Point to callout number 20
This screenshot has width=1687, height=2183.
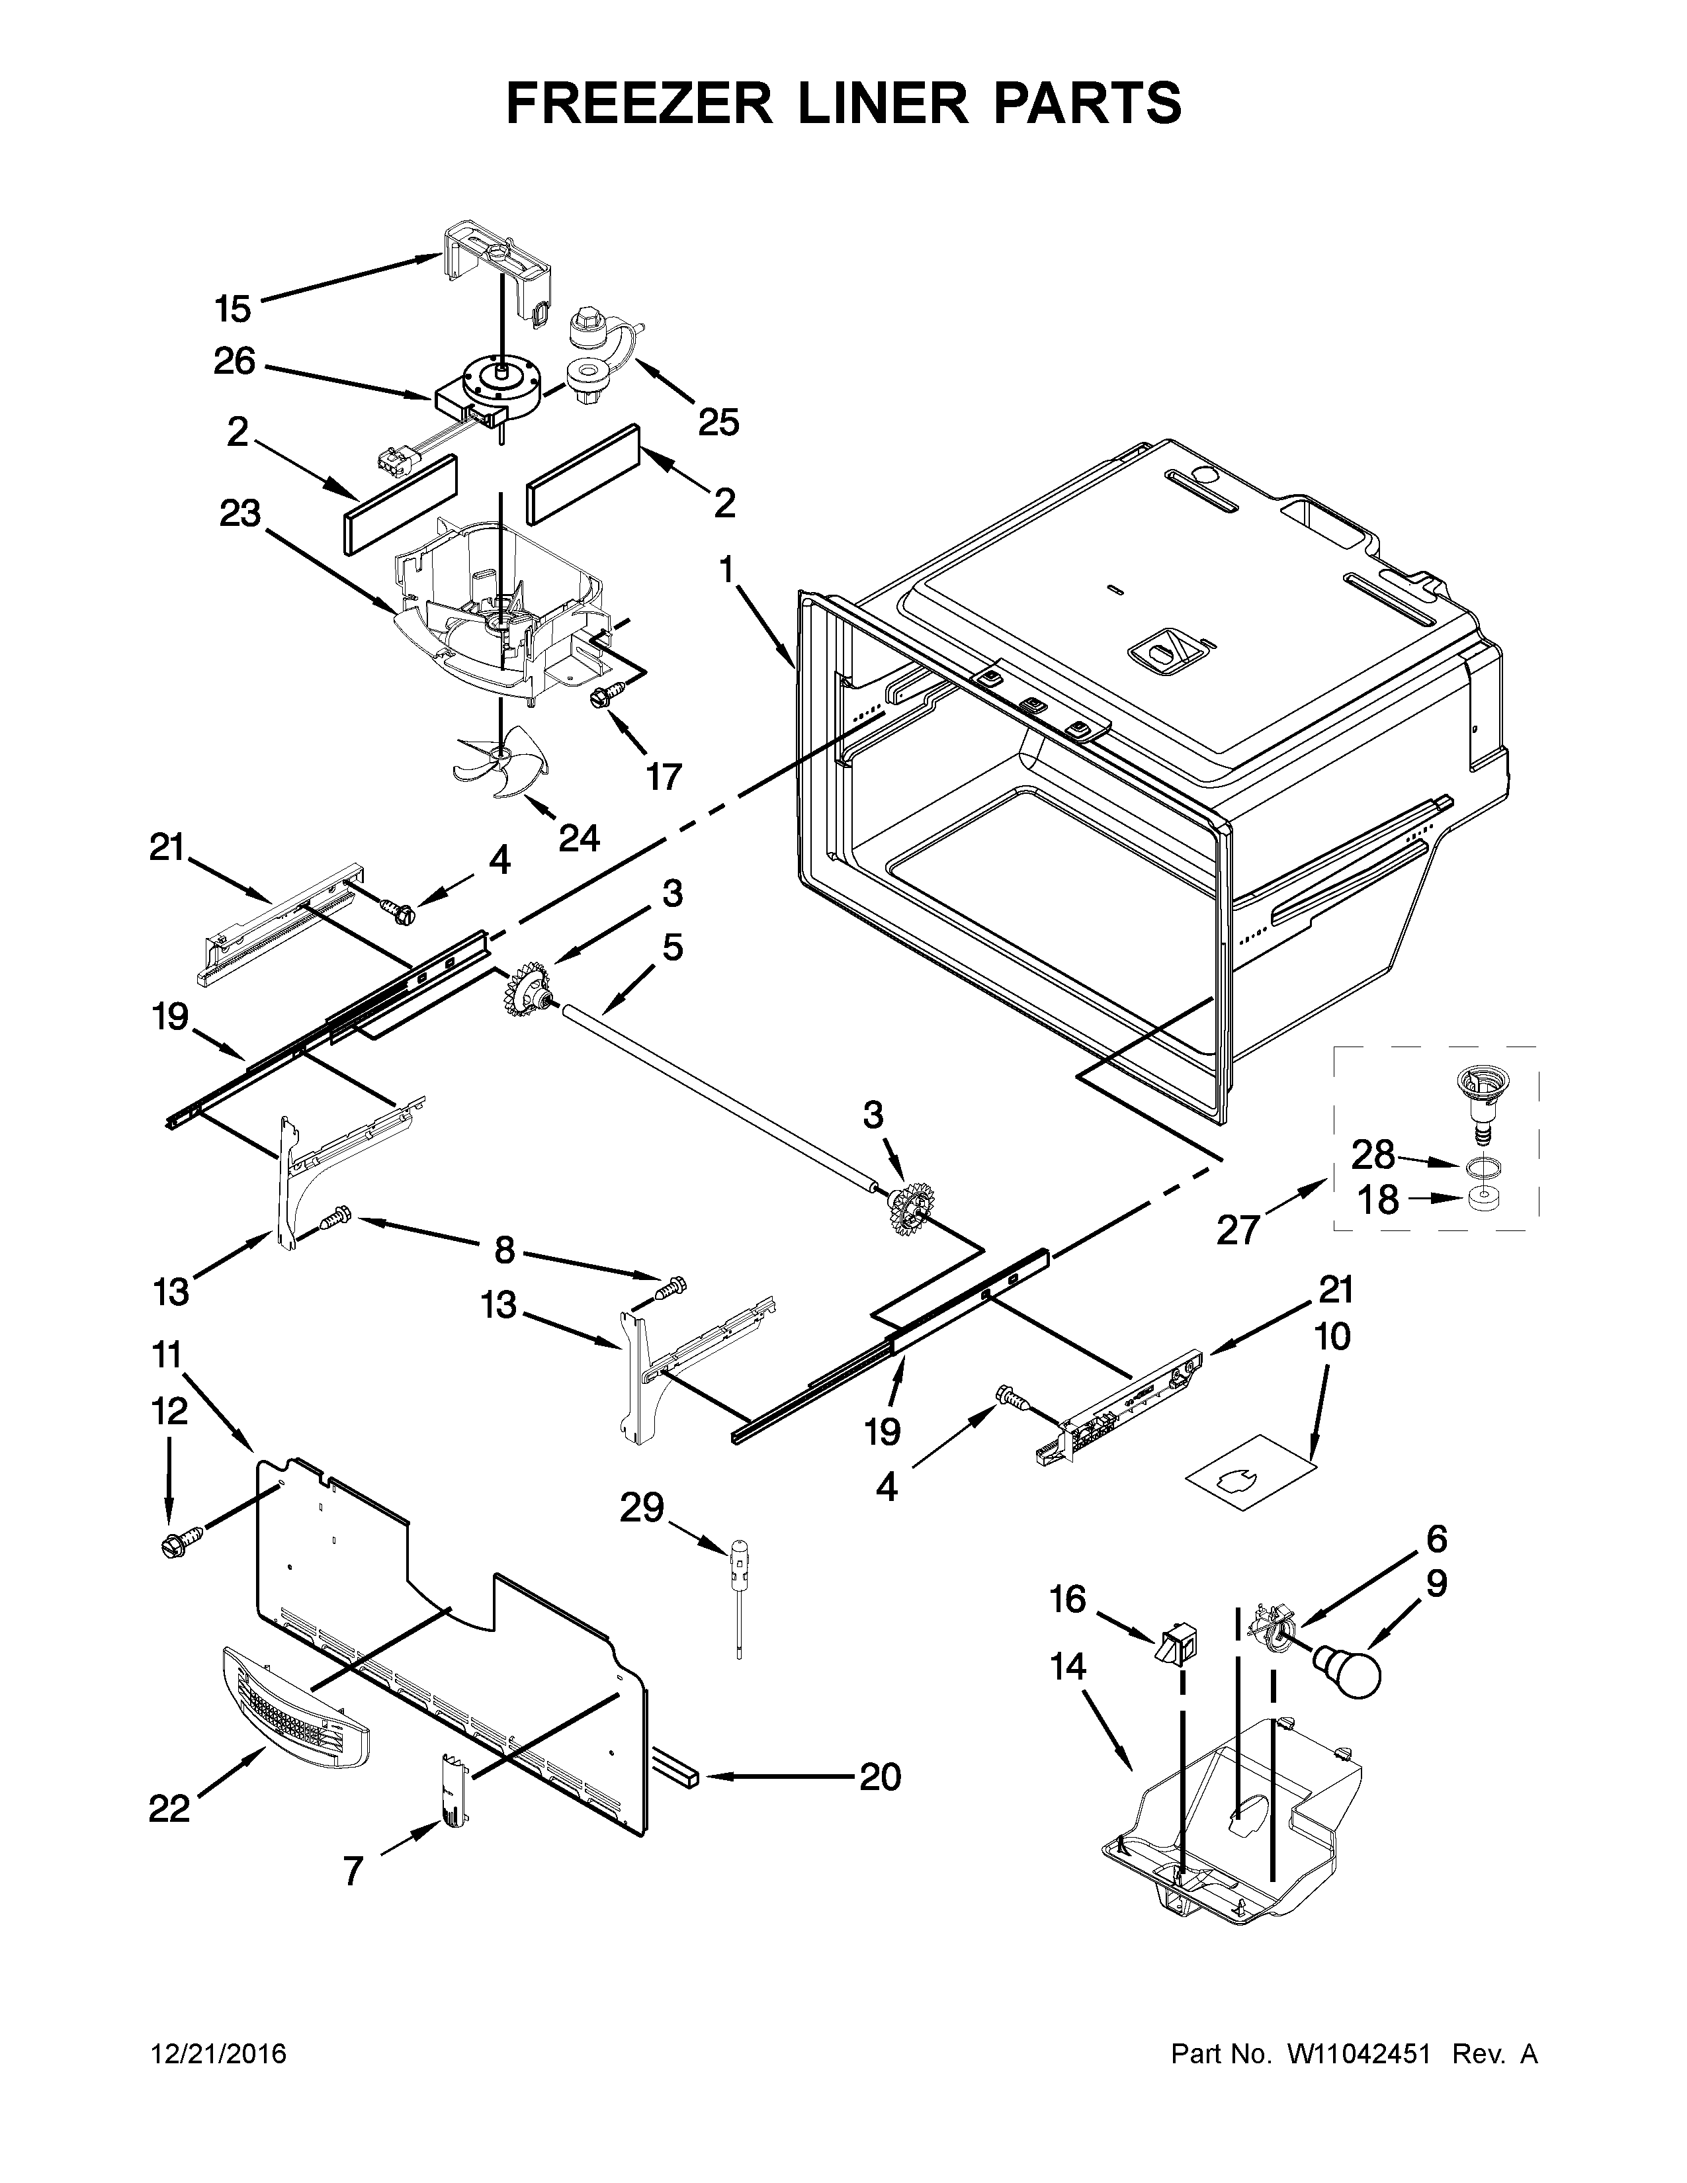click(879, 1776)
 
